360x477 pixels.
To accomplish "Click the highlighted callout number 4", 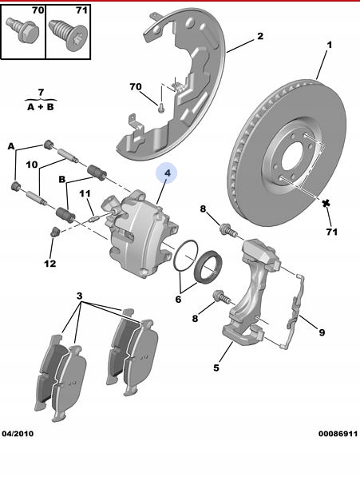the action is pos(168,173).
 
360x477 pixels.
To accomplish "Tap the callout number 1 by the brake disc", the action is pos(330,45).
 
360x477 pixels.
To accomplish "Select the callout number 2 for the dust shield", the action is pos(260,36).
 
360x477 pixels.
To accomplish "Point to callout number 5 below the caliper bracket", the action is pos(216,368).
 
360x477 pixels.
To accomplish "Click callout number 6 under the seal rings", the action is pos(178,300).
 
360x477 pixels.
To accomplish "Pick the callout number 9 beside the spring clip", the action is pos(322,332).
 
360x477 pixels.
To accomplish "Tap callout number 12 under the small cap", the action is pos(50,264).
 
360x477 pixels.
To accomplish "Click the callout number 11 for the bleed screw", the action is pos(85,193).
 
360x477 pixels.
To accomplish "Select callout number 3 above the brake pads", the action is pos(79,296).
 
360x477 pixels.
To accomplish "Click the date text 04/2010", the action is pos(18,434).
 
